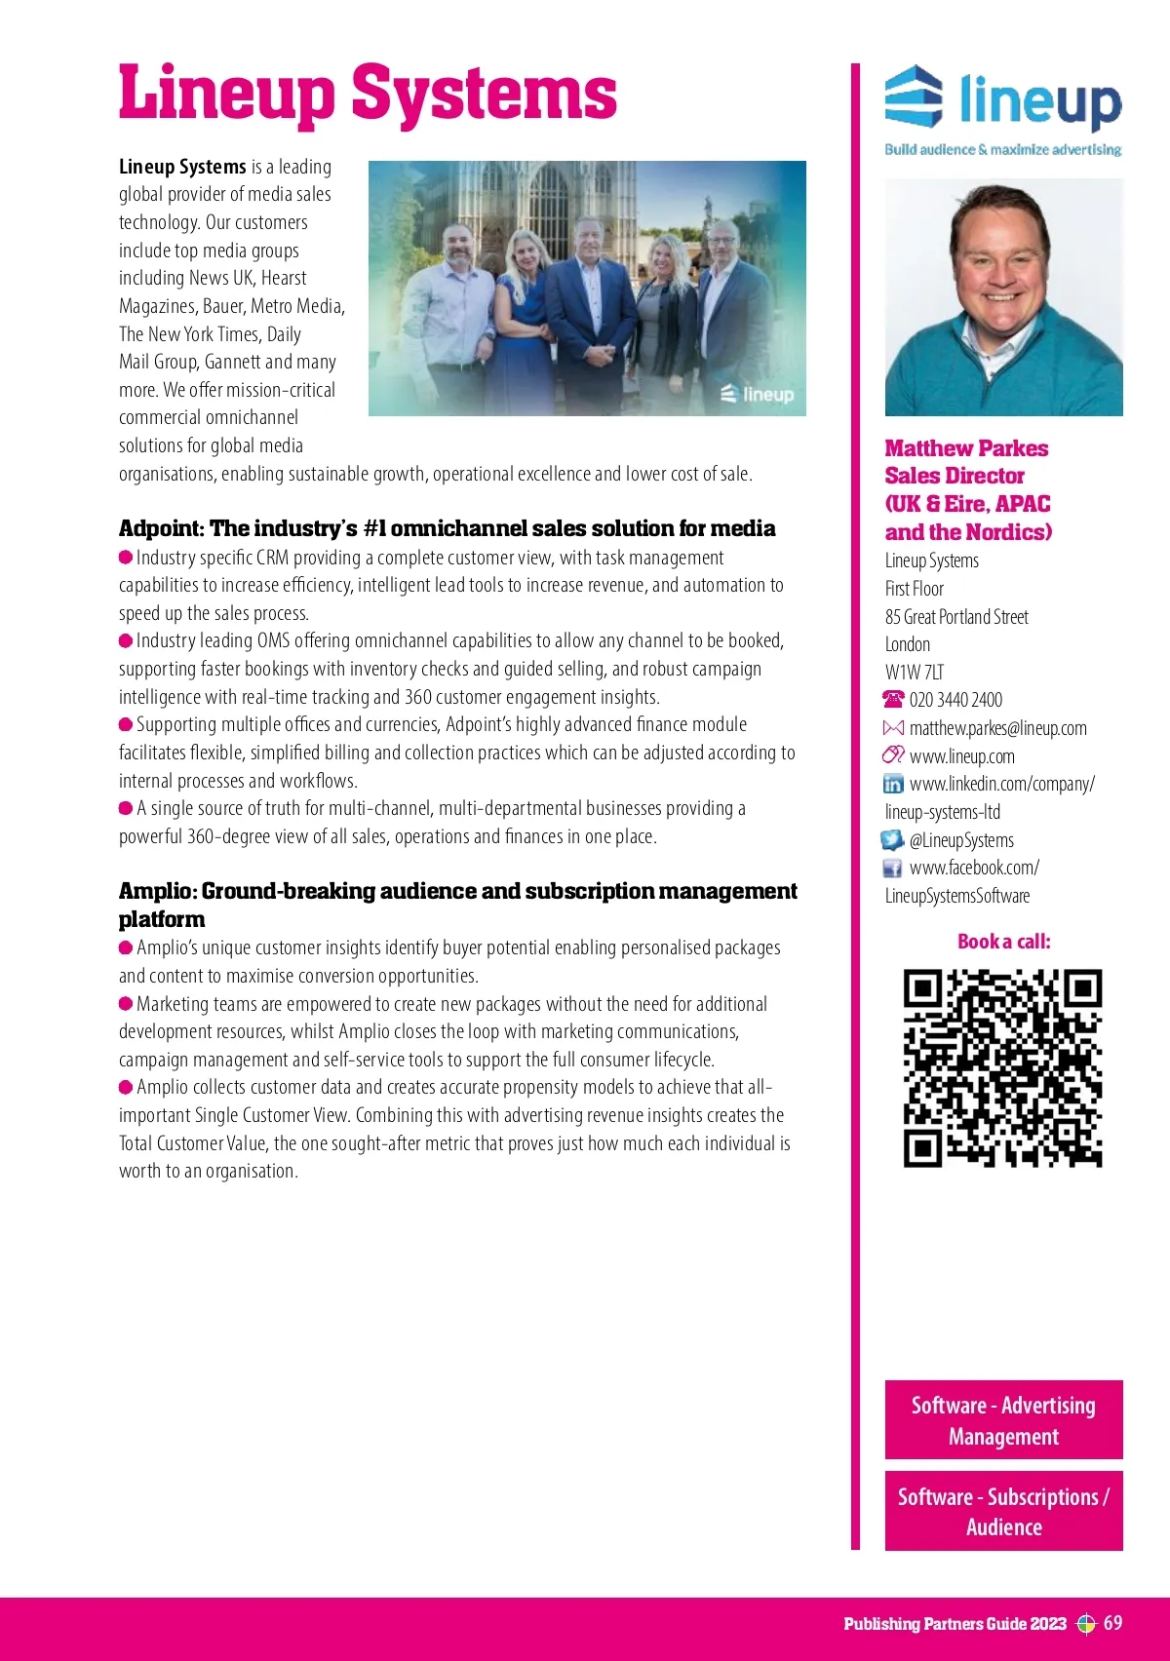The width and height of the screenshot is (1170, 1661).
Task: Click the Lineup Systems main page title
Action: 368,94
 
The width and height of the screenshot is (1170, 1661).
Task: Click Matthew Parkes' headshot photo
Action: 1003,297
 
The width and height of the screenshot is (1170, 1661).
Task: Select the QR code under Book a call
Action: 1002,1067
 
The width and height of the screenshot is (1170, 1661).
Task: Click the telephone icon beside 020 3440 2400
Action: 893,700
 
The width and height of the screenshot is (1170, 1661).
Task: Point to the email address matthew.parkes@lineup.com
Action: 997,728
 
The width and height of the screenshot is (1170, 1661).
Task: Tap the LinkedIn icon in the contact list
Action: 893,784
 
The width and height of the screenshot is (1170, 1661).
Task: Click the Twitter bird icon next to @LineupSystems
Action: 892,840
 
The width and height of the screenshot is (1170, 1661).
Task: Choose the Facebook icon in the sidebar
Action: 892,868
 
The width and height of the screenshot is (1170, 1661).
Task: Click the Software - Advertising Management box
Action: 1003,1419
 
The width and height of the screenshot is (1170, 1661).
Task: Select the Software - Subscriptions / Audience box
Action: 1003,1511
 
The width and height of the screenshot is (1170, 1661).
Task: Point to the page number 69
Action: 1112,1623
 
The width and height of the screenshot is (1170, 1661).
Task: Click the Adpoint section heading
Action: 447,528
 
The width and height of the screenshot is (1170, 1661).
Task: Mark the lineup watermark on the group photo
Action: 758,394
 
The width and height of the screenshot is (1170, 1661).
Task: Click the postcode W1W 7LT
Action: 914,672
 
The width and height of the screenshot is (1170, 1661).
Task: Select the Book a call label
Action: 1003,942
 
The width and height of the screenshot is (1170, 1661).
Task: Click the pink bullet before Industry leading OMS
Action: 126,640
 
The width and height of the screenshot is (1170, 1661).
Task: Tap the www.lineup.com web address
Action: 961,756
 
